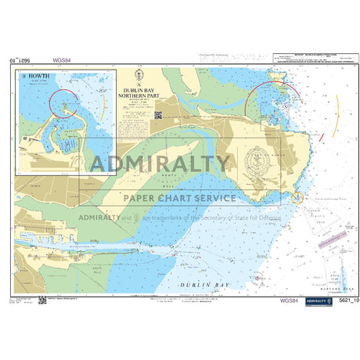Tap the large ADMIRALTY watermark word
pyautogui.click(x=161, y=164)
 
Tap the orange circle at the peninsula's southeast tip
pyautogui.click(x=297, y=199)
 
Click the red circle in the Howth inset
pyautogui.click(x=63, y=102)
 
